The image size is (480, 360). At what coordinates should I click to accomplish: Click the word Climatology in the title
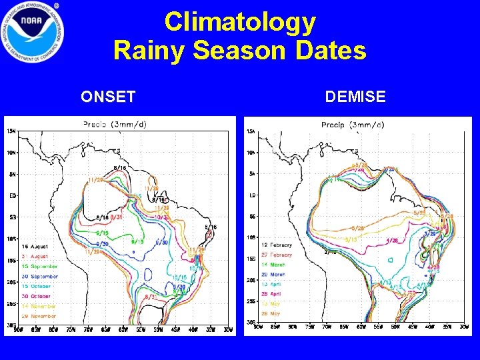point(240,22)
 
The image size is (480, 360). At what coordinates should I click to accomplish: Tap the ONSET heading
point(108,97)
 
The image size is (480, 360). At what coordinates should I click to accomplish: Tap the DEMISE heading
point(355,97)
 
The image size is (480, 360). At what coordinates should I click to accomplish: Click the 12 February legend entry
point(277,245)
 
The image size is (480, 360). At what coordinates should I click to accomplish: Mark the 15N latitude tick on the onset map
point(12,130)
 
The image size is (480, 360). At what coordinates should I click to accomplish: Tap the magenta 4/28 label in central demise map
point(392,240)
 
